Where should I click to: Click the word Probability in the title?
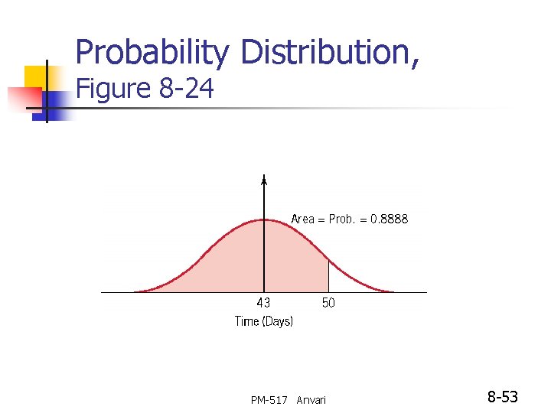(152, 54)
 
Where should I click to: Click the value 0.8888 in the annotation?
(390, 220)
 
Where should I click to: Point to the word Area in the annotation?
(303, 220)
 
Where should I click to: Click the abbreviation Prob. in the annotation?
(341, 220)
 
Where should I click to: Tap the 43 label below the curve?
(262, 303)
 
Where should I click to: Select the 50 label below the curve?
(328, 303)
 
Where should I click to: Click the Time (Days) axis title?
(263, 322)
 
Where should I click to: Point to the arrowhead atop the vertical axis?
(264, 180)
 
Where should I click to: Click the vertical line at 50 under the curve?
(329, 276)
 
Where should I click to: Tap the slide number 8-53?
(503, 397)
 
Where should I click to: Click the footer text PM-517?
(269, 400)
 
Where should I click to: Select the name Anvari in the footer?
(311, 400)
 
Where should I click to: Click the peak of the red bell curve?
(264, 220)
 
